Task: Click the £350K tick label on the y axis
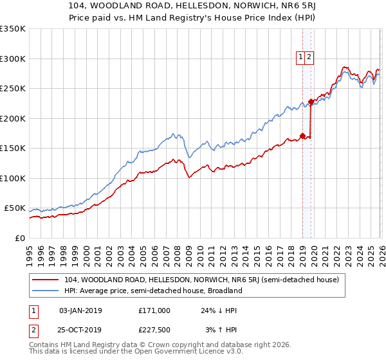pyautogui.click(x=13, y=29)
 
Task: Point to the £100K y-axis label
pyautogui.click(x=13, y=178)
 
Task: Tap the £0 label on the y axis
pyautogui.click(x=19, y=238)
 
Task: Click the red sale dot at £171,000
pyautogui.click(x=302, y=136)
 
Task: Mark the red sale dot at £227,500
pyautogui.click(x=311, y=102)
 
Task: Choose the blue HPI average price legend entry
pyautogui.click(x=152, y=291)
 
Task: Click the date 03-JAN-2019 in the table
pyautogui.click(x=80, y=310)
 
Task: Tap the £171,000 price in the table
pyautogui.click(x=154, y=310)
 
